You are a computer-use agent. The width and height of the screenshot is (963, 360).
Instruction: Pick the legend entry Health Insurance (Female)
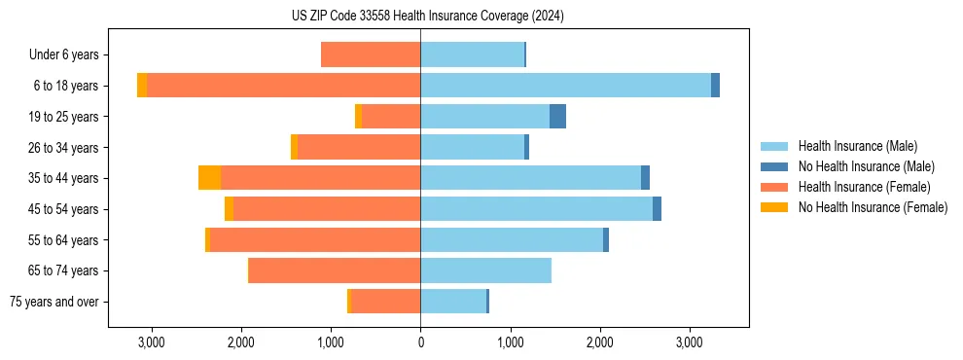(x=855, y=187)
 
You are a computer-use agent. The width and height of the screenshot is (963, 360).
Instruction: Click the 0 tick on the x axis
(x=420, y=342)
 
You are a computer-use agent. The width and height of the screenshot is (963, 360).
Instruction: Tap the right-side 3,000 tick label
(x=689, y=342)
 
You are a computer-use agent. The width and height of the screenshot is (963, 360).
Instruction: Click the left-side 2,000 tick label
(x=241, y=342)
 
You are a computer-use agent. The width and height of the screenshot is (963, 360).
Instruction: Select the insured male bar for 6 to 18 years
(x=565, y=86)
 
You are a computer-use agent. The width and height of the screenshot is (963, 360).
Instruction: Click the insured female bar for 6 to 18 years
(x=283, y=86)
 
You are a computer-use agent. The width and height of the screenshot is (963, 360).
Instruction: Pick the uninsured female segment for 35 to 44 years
(x=209, y=178)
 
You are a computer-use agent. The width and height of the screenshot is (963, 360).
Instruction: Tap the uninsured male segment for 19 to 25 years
(x=557, y=117)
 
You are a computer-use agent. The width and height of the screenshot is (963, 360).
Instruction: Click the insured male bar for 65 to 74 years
(x=485, y=270)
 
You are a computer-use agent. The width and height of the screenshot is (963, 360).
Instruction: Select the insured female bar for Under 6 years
(x=371, y=54)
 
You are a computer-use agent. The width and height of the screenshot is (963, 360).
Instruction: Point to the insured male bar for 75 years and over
(x=452, y=302)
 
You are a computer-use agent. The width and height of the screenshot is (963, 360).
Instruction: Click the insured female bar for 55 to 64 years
(x=315, y=239)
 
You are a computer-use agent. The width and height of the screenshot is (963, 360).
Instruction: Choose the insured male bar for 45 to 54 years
(x=536, y=209)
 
